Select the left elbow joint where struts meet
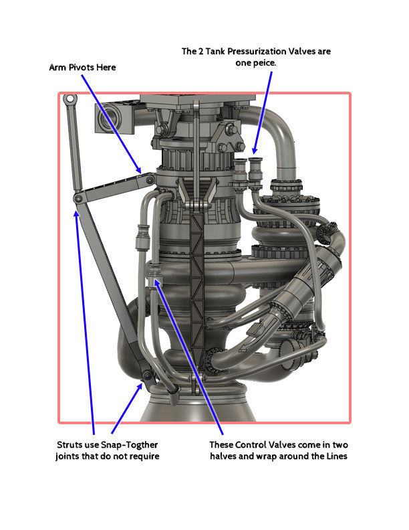pyautogui.click(x=78, y=199)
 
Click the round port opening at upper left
pyautogui.click(x=108, y=120)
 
